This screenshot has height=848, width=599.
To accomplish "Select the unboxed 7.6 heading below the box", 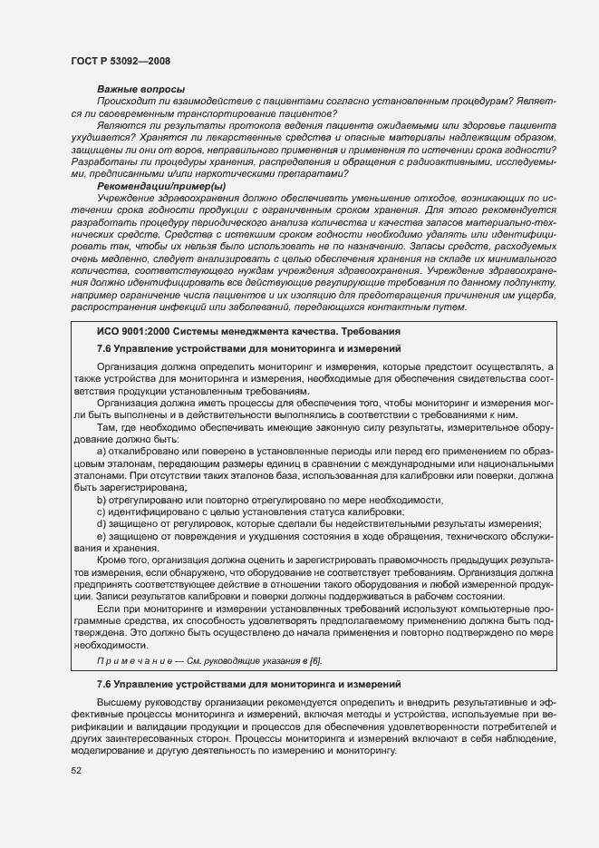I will [248, 683].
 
